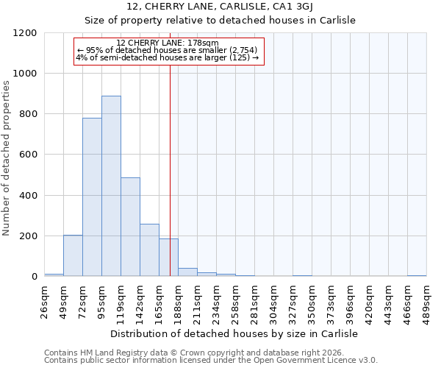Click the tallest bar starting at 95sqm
[x=111, y=186]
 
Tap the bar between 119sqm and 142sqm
[x=130, y=227]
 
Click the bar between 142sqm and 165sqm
[x=149, y=250]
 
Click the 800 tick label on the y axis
[x=28, y=114]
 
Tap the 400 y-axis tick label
[x=28, y=196]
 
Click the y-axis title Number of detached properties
[x=7, y=158]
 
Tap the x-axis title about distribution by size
[x=234, y=333]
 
